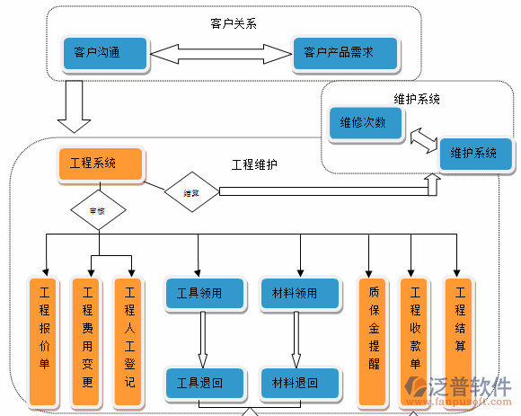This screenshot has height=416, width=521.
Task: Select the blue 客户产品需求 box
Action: [345, 53]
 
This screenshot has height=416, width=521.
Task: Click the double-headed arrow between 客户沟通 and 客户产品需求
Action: [222, 54]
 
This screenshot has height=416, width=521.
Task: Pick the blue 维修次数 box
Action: [366, 122]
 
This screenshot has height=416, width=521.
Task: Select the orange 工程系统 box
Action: [100, 164]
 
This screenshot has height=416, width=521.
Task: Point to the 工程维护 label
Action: [254, 164]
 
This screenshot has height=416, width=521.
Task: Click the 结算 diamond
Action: [191, 192]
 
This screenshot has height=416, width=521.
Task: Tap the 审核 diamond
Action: [98, 211]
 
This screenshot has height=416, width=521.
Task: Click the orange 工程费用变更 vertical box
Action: [87, 341]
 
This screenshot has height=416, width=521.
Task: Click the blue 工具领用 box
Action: [205, 293]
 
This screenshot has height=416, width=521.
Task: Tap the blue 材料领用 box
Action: [300, 293]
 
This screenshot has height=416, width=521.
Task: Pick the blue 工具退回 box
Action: [205, 383]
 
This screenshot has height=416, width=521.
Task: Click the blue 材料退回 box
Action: [300, 383]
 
